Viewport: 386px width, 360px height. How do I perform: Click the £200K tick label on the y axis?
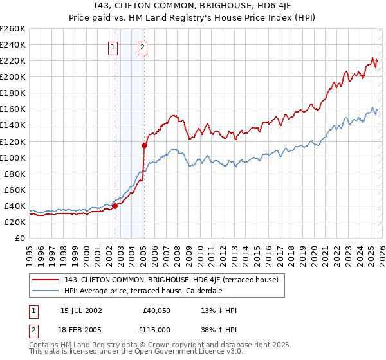tap(12, 76)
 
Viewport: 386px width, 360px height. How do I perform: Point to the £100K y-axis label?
tap(12, 157)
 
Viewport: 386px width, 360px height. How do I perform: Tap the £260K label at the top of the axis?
tap(12, 29)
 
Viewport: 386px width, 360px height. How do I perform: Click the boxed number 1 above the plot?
tap(113, 46)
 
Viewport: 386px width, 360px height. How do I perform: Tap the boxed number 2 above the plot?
tap(142, 46)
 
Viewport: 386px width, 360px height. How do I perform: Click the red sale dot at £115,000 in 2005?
tap(144, 145)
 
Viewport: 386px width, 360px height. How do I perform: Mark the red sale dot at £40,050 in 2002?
tap(115, 206)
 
